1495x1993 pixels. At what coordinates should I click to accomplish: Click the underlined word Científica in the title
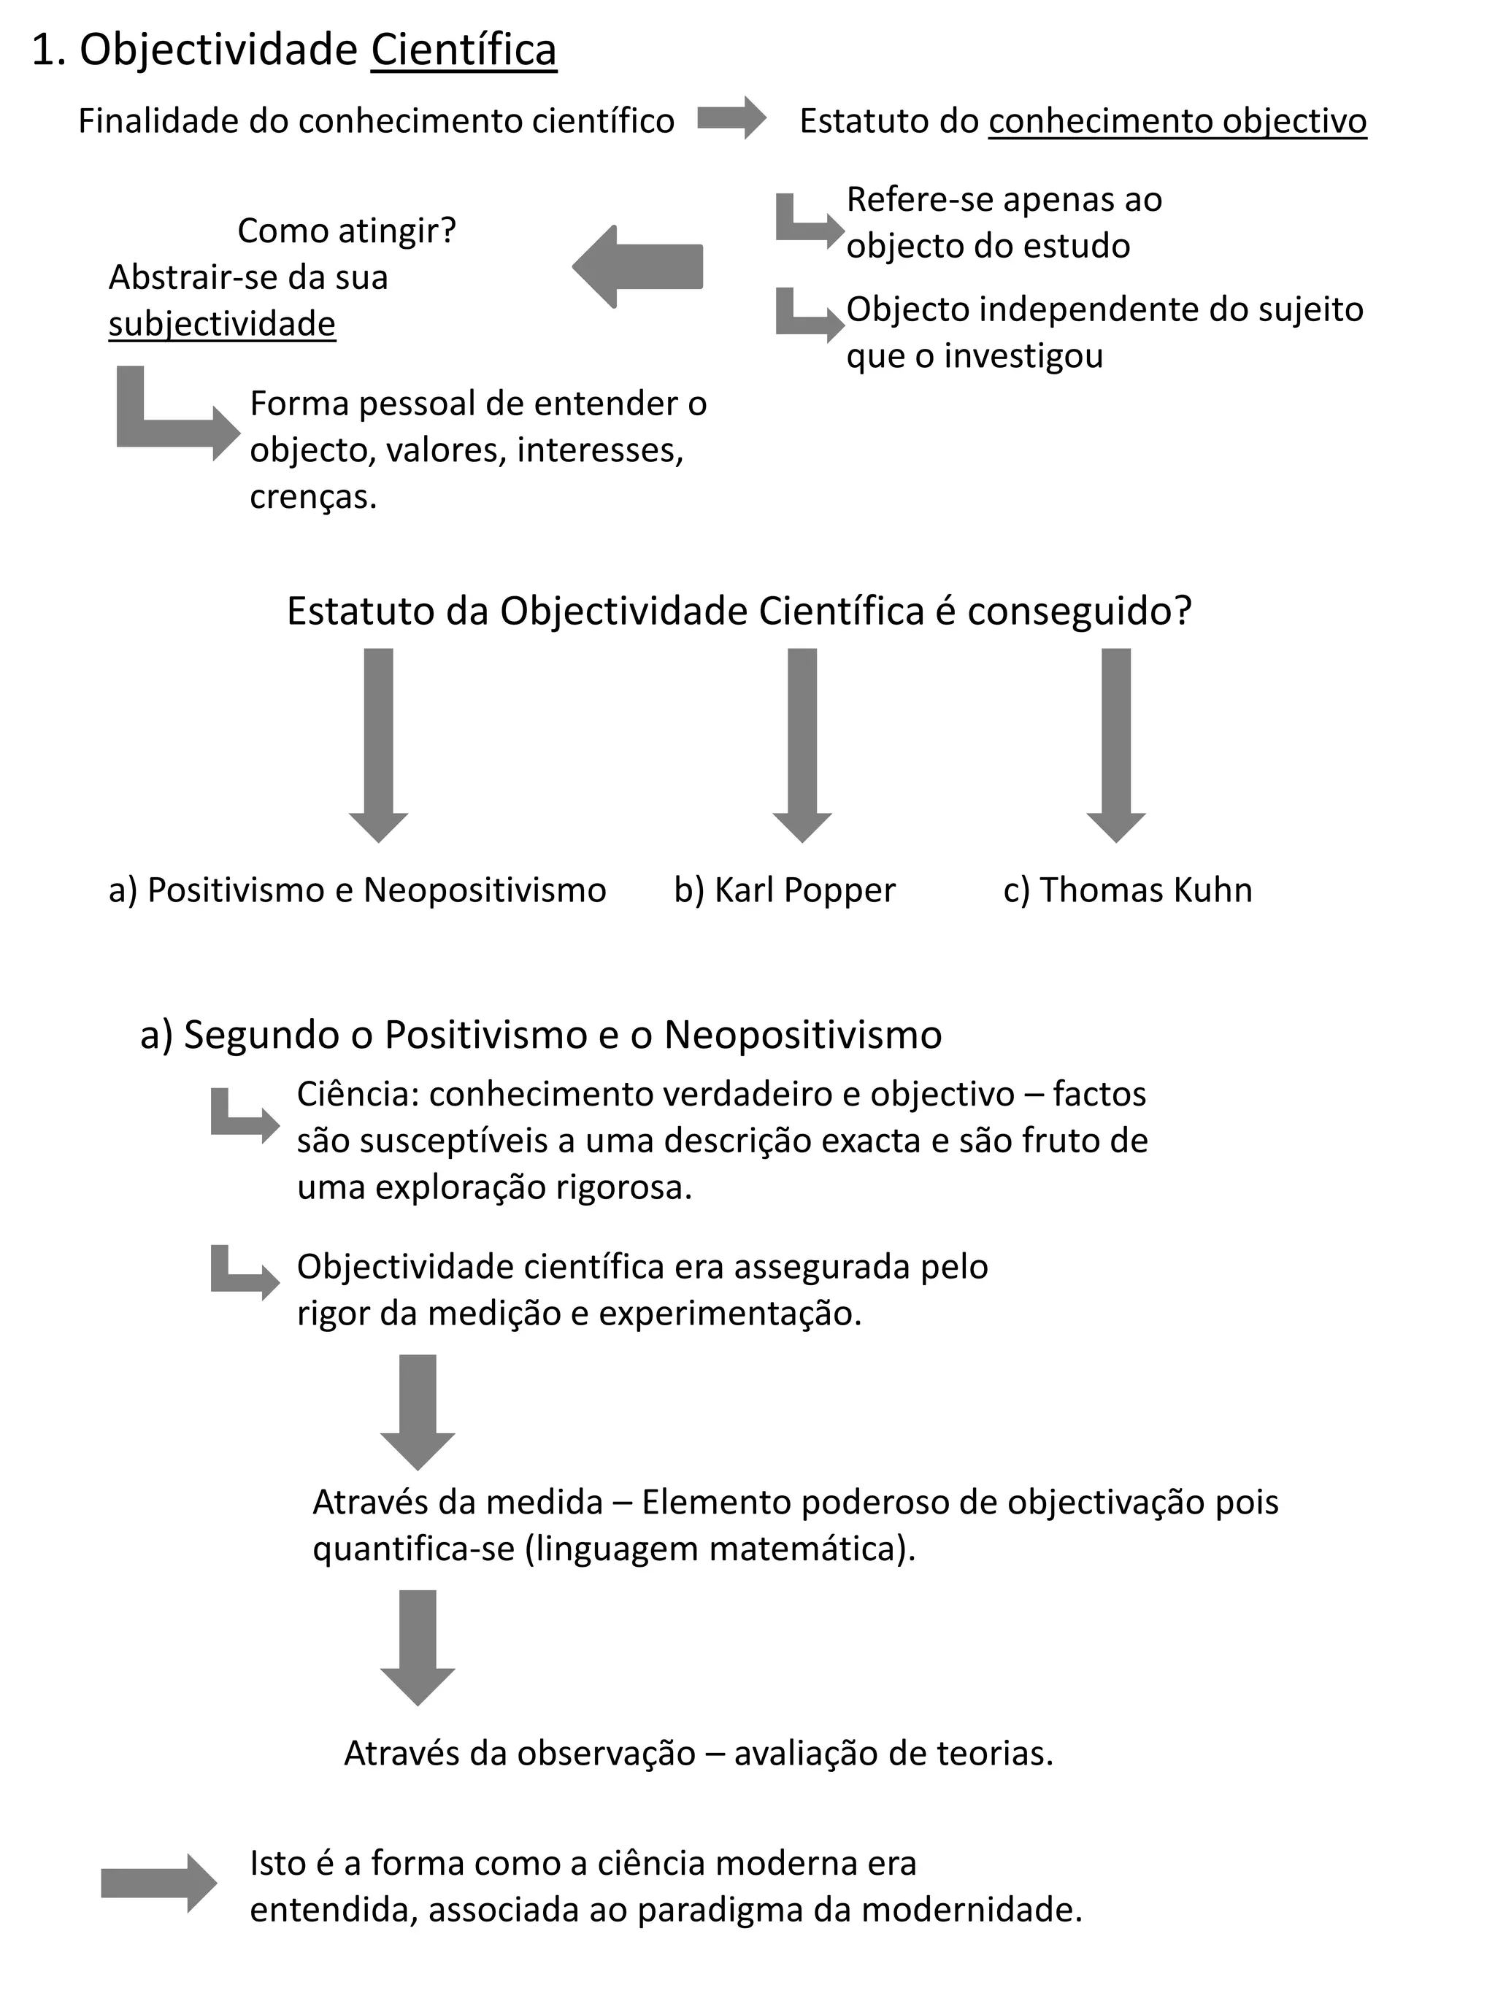pos(464,50)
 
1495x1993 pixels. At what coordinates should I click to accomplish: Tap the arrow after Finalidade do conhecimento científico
pos(731,118)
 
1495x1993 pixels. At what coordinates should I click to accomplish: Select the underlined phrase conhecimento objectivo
pos(1177,120)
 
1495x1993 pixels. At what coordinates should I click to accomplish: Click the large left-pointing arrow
pos(637,266)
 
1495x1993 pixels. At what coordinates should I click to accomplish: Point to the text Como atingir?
pos(347,231)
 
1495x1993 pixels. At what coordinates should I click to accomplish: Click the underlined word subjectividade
pos(222,323)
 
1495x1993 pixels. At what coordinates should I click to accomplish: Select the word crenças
pos(312,496)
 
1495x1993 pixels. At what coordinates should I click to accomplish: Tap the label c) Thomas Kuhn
pos(1127,890)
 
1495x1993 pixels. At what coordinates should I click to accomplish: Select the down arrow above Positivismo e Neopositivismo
pos(378,744)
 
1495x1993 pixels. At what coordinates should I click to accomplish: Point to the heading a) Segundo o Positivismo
pos(541,1034)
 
